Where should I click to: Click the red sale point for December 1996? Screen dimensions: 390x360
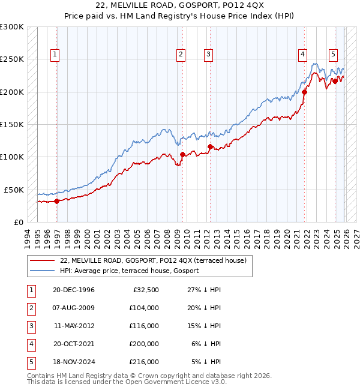(x=56, y=201)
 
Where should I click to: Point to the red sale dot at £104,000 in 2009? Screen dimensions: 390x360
(x=182, y=154)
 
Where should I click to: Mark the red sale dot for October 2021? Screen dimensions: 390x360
(x=304, y=92)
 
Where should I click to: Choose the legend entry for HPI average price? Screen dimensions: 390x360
(x=129, y=271)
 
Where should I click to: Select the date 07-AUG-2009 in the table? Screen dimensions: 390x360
(x=74, y=308)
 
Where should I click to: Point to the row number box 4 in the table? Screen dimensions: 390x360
(x=29, y=344)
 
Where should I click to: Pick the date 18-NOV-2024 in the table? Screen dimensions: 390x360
(x=74, y=362)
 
